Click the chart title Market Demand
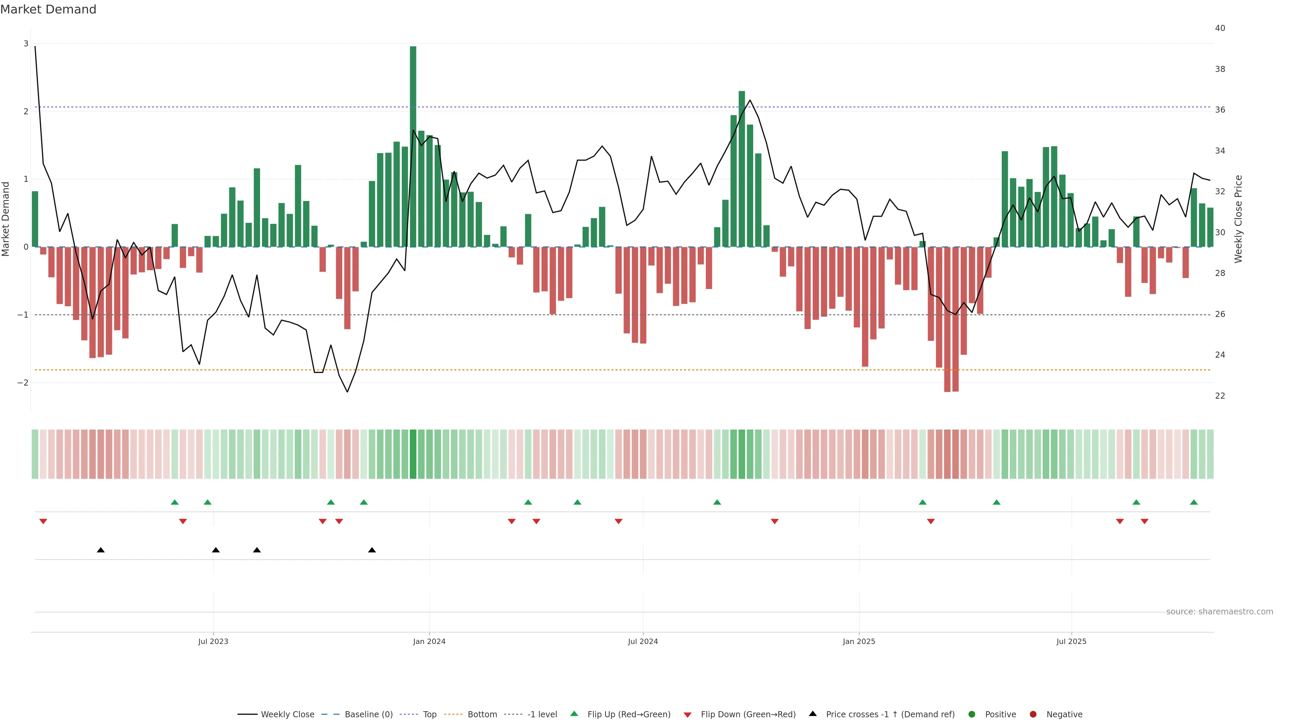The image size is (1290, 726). pyautogui.click(x=48, y=9)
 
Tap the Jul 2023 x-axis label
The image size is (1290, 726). pyautogui.click(x=213, y=641)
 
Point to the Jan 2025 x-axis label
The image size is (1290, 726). pyautogui.click(x=859, y=641)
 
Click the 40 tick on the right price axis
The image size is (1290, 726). pyautogui.click(x=1220, y=28)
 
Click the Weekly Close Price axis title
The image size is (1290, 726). pyautogui.click(x=1238, y=219)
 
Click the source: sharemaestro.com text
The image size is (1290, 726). pyautogui.click(x=1219, y=612)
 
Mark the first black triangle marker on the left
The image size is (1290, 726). pyautogui.click(x=101, y=550)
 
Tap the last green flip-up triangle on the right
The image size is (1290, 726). pyautogui.click(x=1194, y=502)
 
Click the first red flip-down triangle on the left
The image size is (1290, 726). pyautogui.click(x=43, y=522)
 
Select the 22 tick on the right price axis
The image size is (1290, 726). pyautogui.click(x=1220, y=396)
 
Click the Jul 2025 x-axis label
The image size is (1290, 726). pyautogui.click(x=1071, y=641)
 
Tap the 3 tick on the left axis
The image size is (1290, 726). pyautogui.click(x=26, y=44)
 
